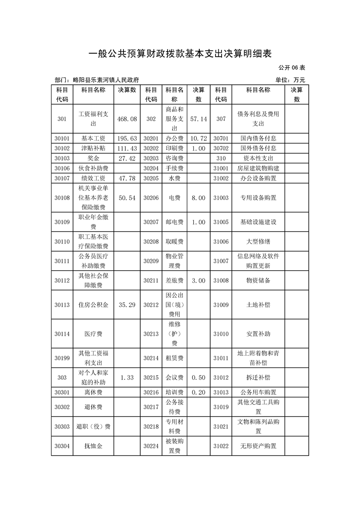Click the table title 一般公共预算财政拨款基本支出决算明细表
click(180, 54)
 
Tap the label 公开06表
click(292, 68)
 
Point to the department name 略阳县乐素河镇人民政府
click(96, 80)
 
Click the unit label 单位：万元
click(290, 80)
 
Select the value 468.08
click(127, 119)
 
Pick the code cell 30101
click(62, 138)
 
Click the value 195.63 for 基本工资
click(127, 138)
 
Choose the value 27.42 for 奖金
click(127, 158)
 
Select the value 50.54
click(127, 198)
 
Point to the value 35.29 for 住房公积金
click(127, 305)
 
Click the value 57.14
click(198, 119)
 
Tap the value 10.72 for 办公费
click(198, 138)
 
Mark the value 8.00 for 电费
click(198, 198)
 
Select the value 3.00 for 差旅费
click(198, 281)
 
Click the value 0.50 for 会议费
click(198, 377)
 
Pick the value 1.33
click(127, 377)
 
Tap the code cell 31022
click(221, 446)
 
